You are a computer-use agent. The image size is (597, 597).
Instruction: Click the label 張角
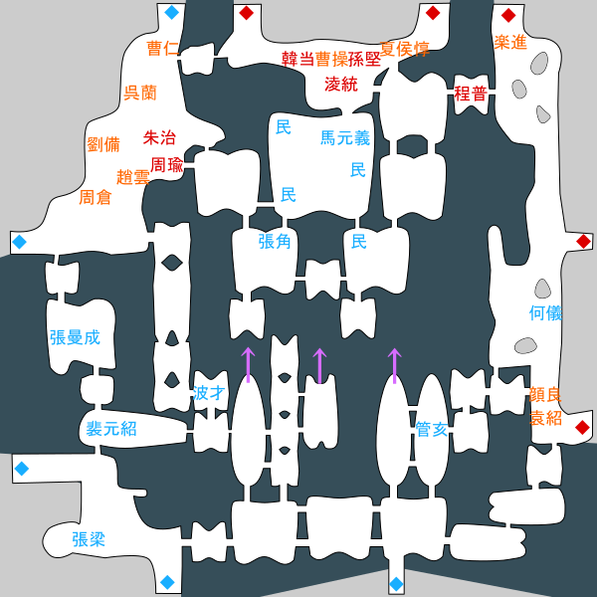point(275,242)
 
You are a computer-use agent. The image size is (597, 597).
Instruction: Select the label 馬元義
point(345,138)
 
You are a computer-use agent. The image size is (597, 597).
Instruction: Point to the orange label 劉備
point(103,144)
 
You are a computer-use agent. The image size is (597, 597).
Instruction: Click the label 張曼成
point(75,337)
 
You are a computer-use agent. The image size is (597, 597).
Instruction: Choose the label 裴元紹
point(111,429)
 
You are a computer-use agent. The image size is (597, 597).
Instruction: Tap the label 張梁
point(89,539)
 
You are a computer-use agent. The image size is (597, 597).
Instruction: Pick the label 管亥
point(432,430)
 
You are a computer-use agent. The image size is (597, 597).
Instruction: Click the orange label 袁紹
point(545,418)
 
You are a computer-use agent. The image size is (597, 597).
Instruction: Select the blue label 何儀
point(545,313)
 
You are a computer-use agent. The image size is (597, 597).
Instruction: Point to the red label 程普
point(471,94)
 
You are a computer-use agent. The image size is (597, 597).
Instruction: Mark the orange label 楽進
point(510,42)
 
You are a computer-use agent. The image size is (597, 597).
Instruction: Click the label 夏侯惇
point(405,49)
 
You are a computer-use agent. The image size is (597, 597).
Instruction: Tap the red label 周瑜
point(167,165)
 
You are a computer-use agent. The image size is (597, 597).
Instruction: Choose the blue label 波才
point(209,393)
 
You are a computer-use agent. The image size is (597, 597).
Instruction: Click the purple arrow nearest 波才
point(248,365)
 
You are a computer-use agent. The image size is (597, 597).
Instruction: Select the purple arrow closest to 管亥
point(394,365)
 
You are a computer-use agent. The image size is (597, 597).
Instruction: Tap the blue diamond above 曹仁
point(172,13)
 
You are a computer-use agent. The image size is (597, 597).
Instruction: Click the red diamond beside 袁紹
point(582,427)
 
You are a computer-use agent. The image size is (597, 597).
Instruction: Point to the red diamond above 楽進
point(508,15)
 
